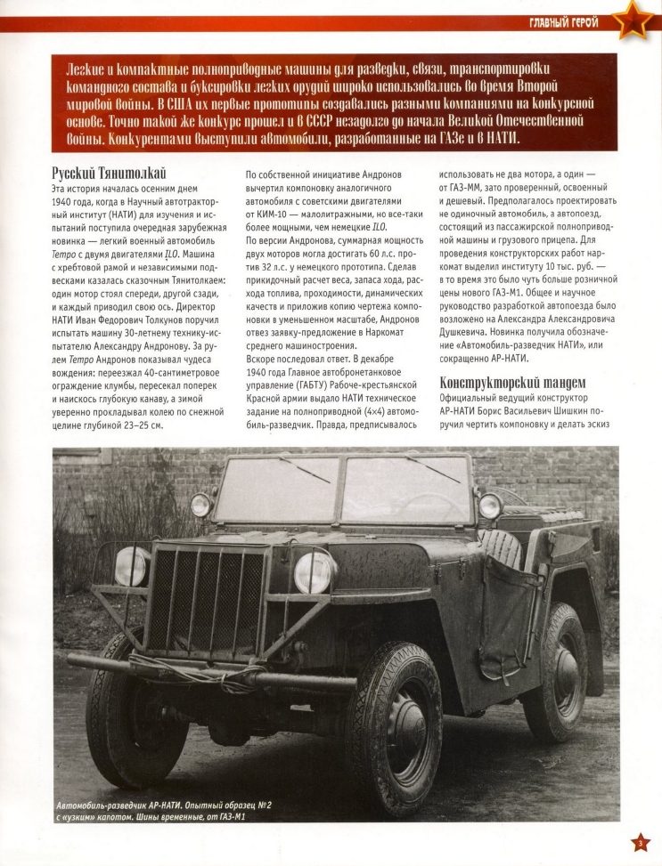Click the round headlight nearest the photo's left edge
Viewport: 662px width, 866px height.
coord(131,565)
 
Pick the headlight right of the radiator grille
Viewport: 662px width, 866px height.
coord(313,571)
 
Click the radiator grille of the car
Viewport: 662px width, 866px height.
coord(206,600)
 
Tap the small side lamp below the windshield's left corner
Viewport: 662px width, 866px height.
coord(200,506)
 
